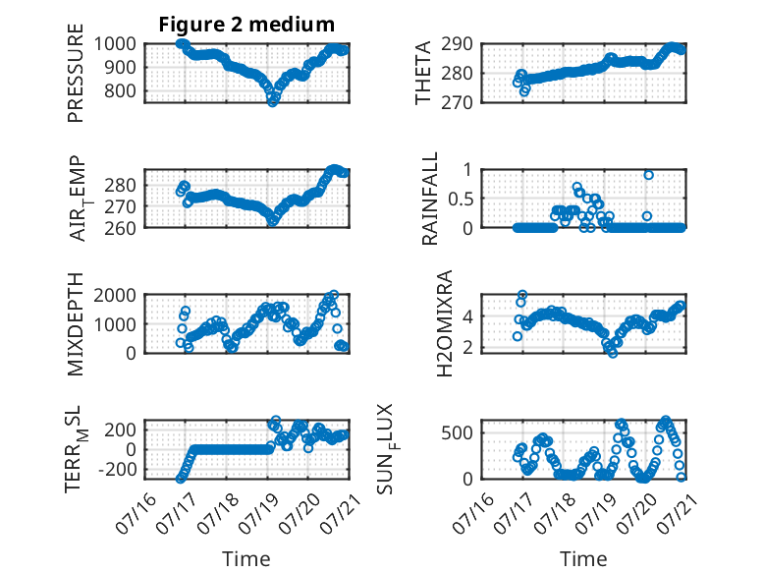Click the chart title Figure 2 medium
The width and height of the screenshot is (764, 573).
[x=246, y=25]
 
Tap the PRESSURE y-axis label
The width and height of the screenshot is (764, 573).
[x=76, y=73]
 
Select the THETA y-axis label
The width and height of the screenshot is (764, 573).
[x=423, y=73]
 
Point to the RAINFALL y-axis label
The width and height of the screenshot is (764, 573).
[x=430, y=199]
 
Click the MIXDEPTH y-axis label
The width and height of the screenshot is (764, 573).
[x=76, y=324]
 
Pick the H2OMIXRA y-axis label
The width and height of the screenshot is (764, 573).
[x=445, y=323]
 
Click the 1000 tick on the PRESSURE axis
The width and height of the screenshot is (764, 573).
[x=115, y=44]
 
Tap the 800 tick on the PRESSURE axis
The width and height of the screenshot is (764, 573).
[x=120, y=90]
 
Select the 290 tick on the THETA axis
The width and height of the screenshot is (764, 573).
[x=457, y=44]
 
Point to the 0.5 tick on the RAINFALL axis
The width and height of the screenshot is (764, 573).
[x=461, y=199]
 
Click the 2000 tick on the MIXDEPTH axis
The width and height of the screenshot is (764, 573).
[x=115, y=295]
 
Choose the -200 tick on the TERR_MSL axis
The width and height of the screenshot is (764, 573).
[x=118, y=470]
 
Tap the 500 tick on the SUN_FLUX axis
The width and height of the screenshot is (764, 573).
[x=457, y=432]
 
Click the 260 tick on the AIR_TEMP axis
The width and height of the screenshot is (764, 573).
[x=120, y=228]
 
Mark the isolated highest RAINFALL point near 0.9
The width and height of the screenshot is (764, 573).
[x=648, y=175]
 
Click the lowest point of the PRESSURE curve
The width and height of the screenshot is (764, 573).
[x=272, y=102]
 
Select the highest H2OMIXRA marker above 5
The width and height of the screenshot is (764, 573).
[x=522, y=295]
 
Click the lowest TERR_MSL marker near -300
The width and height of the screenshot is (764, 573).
[x=180, y=480]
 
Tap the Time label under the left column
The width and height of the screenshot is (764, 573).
[x=246, y=559]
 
